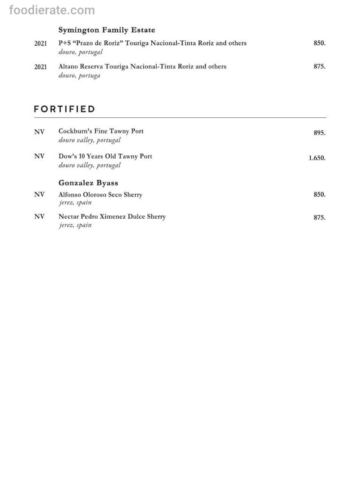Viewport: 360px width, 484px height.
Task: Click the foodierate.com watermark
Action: (52, 10)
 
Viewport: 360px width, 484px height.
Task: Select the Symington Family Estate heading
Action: (107, 30)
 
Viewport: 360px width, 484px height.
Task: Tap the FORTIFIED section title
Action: (64, 109)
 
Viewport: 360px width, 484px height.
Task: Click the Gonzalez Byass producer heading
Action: (88, 183)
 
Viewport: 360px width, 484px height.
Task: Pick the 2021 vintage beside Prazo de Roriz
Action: (40, 44)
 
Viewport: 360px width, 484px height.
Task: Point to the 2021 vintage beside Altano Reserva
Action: (40, 67)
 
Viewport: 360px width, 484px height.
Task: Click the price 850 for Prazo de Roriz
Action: (319, 43)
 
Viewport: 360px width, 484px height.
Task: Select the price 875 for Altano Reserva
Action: (319, 66)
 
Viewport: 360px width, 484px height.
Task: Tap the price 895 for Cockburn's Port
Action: (319, 133)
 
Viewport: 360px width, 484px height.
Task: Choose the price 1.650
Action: (317, 158)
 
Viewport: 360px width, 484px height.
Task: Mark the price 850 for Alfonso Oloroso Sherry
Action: (319, 194)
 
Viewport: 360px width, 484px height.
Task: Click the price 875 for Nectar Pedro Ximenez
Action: (319, 218)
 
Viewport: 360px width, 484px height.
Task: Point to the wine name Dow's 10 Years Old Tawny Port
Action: (105, 156)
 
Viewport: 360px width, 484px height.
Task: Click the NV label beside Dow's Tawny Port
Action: (39, 156)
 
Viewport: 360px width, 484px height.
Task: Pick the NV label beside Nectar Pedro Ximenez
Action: (39, 216)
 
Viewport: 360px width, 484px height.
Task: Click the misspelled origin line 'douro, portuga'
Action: (79, 76)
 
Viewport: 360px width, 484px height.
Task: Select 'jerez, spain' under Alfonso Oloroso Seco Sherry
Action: (75, 203)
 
